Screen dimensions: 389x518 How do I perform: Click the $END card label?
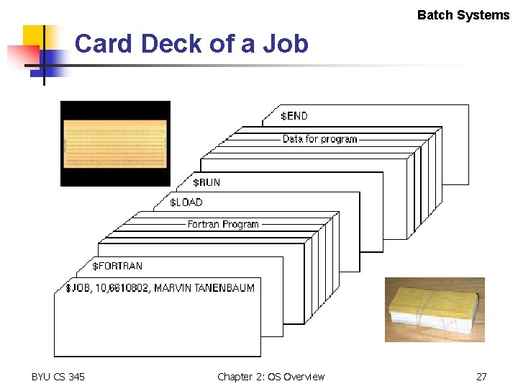(x=294, y=115)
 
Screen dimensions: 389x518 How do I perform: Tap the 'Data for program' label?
(x=319, y=138)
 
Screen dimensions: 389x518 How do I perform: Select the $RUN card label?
(x=206, y=182)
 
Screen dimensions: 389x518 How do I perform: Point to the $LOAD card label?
(x=186, y=202)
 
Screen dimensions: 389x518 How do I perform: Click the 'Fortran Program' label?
(x=223, y=224)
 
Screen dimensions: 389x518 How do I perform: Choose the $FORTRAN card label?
(x=117, y=266)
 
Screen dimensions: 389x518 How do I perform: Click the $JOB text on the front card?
(x=76, y=288)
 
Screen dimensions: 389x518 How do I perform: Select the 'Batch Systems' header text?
(x=463, y=15)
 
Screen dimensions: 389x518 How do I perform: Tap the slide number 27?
(x=481, y=377)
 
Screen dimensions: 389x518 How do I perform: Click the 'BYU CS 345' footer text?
(x=58, y=377)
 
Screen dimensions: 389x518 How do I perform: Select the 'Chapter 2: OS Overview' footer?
(x=271, y=377)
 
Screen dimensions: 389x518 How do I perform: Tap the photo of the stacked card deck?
(x=434, y=310)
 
